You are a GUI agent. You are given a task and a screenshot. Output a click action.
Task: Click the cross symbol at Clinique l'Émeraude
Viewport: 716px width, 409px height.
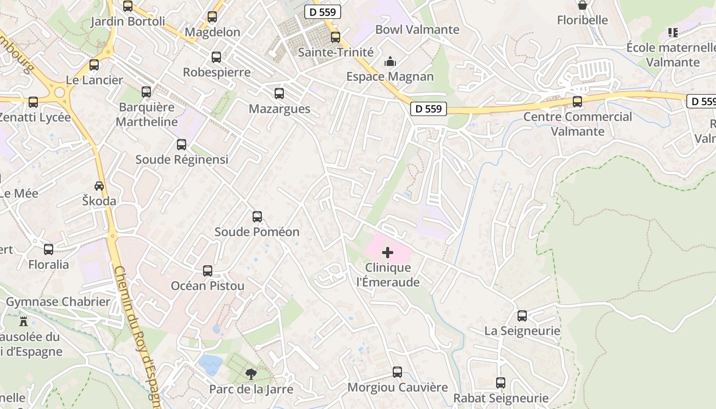388,252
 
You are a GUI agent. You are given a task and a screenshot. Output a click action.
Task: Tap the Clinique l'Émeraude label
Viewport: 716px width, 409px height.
388,275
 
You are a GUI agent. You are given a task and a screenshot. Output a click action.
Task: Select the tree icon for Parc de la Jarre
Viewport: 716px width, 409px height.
251,375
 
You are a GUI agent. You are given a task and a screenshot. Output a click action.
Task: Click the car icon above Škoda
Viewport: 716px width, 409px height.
99,186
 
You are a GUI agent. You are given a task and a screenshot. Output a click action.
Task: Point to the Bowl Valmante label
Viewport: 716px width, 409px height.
417,30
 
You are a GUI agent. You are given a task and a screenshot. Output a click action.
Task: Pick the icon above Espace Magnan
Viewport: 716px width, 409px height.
390,62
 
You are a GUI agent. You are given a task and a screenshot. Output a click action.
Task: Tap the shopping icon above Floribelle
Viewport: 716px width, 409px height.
582,6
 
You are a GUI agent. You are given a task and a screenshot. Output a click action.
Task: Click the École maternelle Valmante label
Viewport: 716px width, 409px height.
670,55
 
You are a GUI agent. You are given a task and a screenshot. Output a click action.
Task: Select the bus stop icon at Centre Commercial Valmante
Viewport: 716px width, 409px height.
577,102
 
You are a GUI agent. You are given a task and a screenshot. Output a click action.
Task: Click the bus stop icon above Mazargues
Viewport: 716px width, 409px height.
279,94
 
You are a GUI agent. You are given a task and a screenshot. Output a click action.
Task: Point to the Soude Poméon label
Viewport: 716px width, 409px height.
257,232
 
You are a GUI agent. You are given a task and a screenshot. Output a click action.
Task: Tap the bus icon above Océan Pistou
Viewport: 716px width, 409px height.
208,271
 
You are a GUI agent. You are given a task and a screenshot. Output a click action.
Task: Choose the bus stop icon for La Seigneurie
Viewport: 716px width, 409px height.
522,316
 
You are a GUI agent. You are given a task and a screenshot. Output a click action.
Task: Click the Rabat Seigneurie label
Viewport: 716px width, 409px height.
501,398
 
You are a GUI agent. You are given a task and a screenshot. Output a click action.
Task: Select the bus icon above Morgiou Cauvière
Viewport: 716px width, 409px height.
397,372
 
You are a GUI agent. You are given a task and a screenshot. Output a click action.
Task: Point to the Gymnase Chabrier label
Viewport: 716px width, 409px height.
58,302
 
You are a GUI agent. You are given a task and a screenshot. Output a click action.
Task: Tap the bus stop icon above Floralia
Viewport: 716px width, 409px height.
49,249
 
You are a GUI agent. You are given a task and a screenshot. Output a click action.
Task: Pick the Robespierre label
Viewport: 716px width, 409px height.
217,72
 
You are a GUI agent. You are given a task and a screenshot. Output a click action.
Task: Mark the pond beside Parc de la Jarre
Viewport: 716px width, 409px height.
211,365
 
